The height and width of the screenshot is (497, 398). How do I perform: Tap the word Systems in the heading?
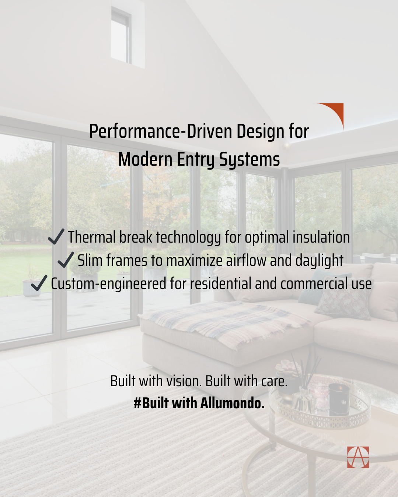point(249,160)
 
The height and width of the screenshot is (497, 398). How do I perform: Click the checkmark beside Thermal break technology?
point(56,236)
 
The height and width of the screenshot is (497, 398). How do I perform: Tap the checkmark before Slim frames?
point(66,260)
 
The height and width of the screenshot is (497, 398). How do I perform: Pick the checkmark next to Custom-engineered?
point(39,283)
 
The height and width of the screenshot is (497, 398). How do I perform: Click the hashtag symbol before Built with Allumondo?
point(137,403)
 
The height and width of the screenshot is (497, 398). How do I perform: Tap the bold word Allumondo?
point(233,403)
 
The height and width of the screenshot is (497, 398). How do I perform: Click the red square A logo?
point(358,457)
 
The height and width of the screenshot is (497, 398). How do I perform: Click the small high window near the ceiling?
point(121,35)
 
